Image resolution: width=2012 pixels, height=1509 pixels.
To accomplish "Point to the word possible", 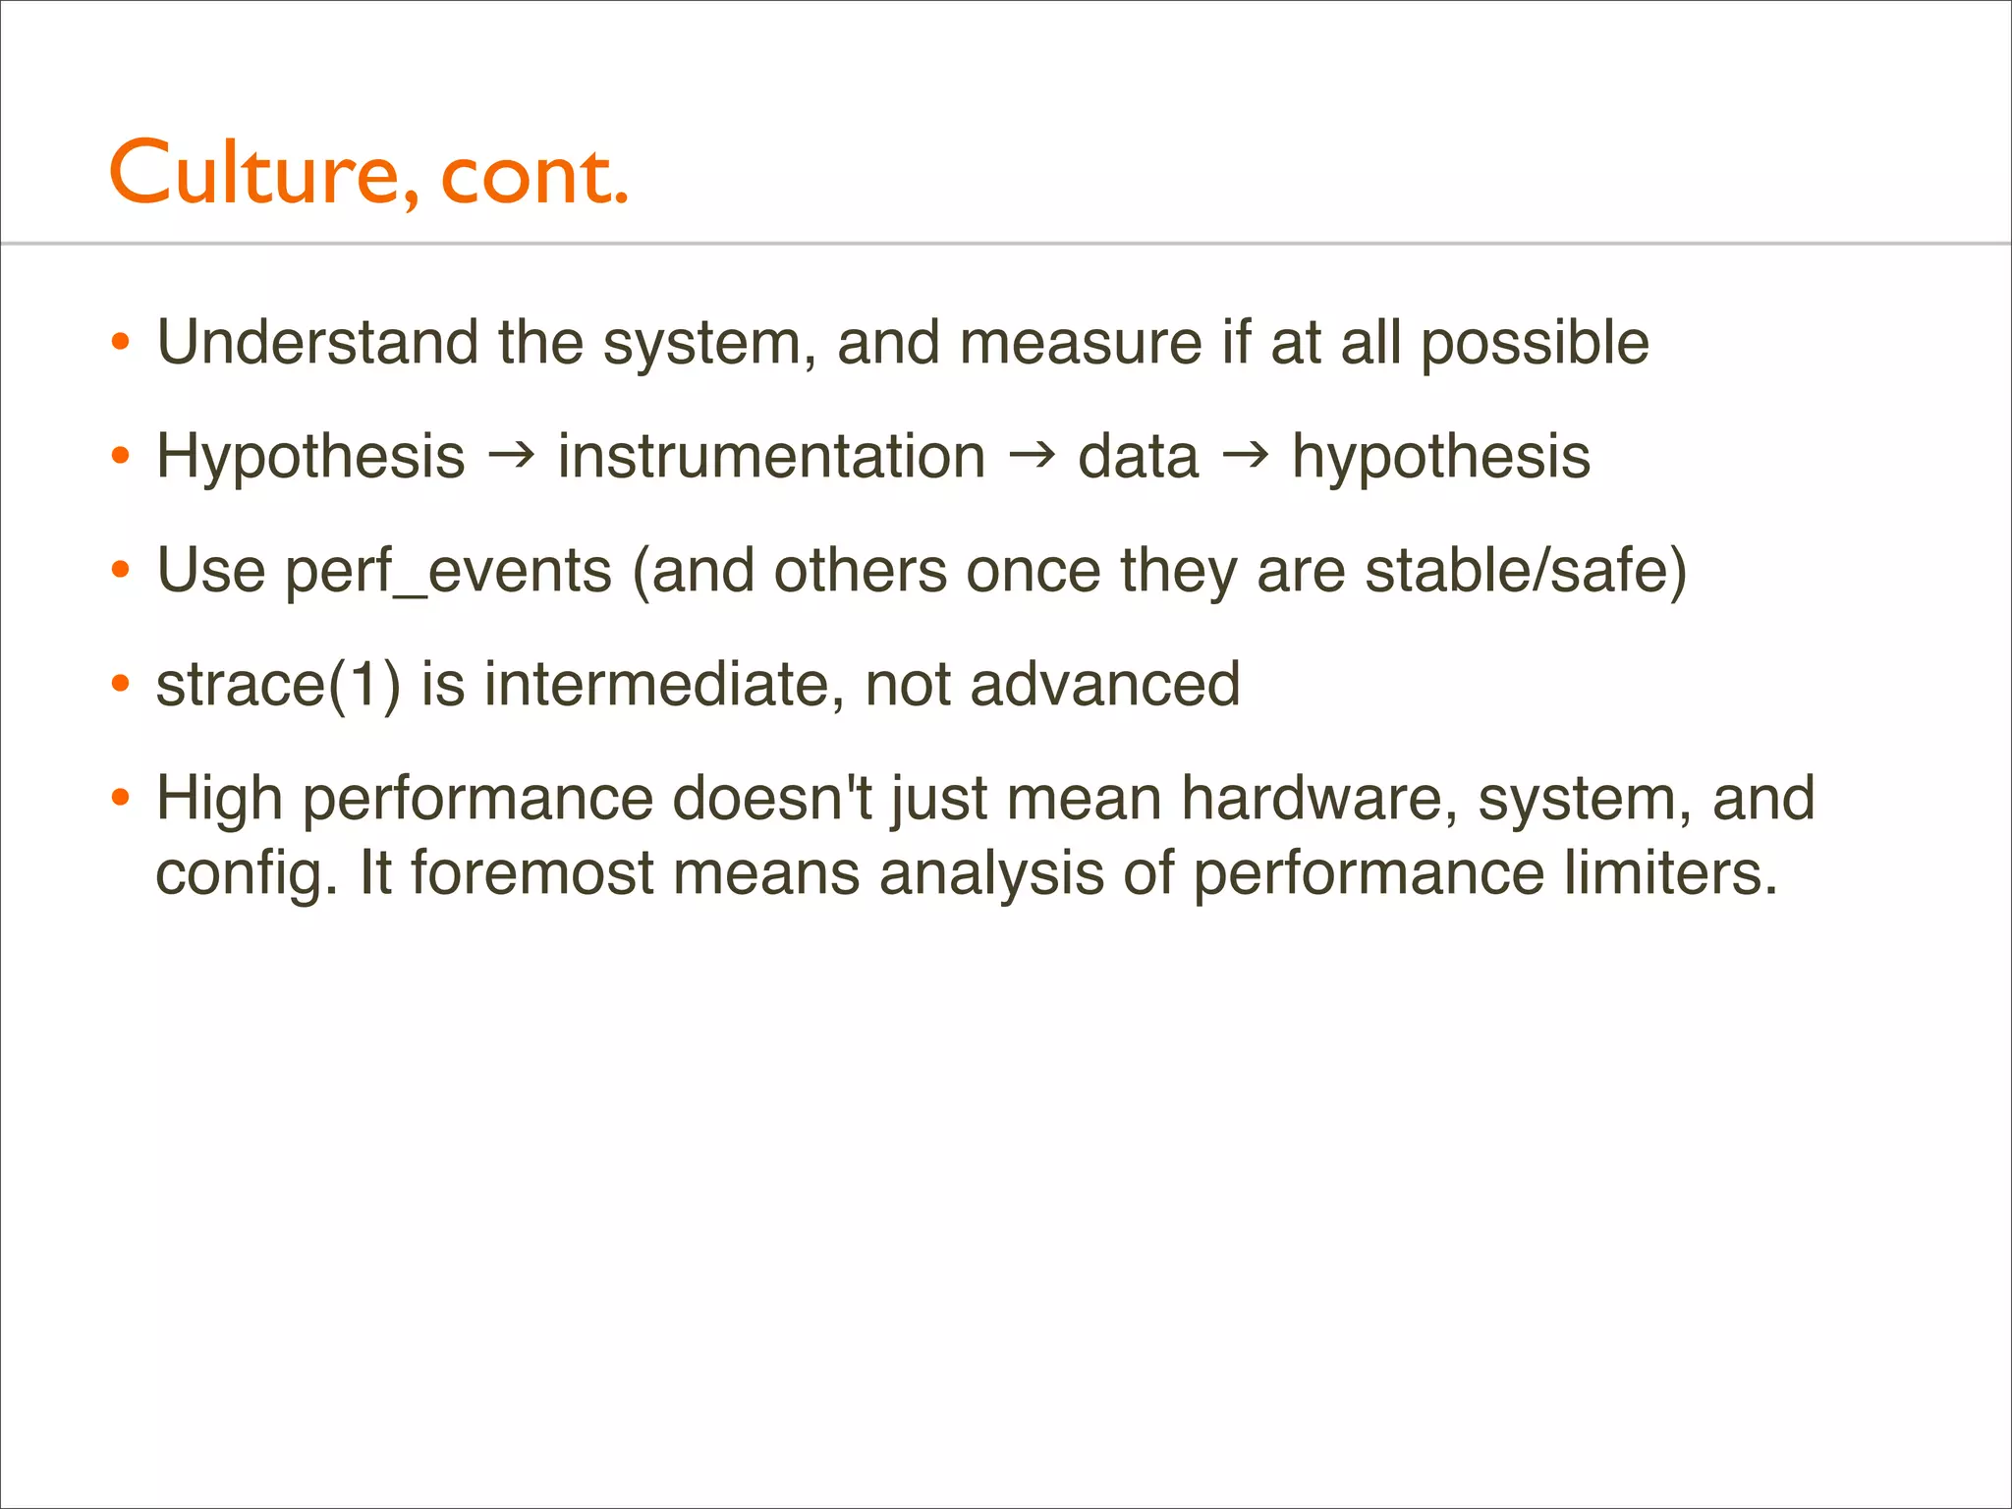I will coord(1535,344).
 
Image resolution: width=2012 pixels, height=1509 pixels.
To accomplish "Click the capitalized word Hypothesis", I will coord(310,458).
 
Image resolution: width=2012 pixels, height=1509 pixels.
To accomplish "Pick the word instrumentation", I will coord(771,456).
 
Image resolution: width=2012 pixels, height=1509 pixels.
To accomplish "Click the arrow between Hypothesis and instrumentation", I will coord(512,453).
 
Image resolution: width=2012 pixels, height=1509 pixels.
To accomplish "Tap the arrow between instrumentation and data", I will coord(1032,453).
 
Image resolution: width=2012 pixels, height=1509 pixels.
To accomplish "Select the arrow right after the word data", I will coord(1245,453).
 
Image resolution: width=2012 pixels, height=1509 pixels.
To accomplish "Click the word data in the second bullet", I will coord(1138,456).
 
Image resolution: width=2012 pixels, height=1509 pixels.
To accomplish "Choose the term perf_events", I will coord(448,572).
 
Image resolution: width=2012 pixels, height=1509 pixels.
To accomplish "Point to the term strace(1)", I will coord(278,685).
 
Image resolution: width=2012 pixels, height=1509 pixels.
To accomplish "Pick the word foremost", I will coord(531,872).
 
